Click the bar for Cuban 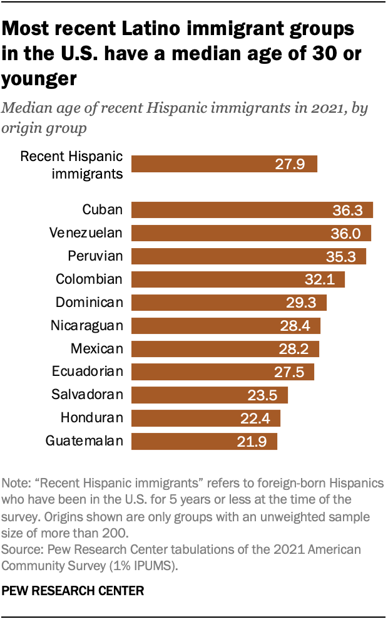[252, 210]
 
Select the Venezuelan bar [251, 233]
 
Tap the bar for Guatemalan [204, 441]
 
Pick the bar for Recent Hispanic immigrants [224, 164]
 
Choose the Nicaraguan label [86, 325]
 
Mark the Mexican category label [96, 348]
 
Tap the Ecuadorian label [88, 372]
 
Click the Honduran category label [92, 418]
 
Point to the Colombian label [89, 279]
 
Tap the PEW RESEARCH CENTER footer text [73, 590]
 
